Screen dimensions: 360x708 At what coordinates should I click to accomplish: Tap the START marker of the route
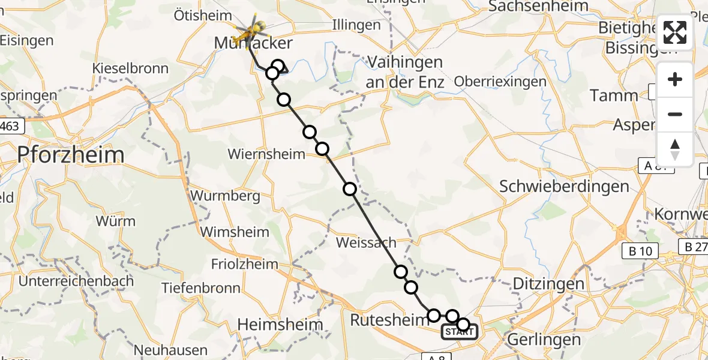pyautogui.click(x=459, y=332)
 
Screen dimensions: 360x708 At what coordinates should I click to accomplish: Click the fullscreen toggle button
pyautogui.click(x=675, y=32)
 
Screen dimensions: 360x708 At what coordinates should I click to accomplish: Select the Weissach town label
pyautogui.click(x=367, y=242)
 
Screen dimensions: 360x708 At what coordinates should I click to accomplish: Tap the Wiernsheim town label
pyautogui.click(x=266, y=154)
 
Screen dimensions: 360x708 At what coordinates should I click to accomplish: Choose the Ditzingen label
pyautogui.click(x=549, y=284)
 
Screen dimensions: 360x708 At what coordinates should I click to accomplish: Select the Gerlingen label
pyautogui.click(x=544, y=340)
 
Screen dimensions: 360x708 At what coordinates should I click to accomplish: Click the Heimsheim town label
pyautogui.click(x=280, y=325)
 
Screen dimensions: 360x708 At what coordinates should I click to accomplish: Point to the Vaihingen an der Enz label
pyautogui.click(x=405, y=71)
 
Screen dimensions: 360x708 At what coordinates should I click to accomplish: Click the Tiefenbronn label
pyautogui.click(x=201, y=288)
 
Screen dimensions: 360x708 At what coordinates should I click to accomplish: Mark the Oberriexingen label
pyautogui.click(x=500, y=82)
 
